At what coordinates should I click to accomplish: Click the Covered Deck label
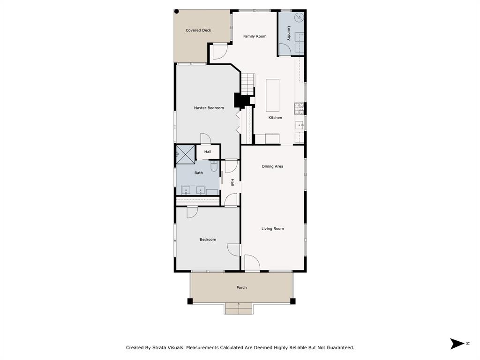198,30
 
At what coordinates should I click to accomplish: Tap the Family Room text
255,36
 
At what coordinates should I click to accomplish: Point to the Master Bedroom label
209,108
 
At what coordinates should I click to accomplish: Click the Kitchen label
275,118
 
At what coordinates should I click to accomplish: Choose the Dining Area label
272,166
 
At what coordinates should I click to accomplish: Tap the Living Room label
272,229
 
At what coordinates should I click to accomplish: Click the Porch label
241,287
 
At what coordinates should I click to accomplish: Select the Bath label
199,173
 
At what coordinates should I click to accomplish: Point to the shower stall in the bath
185,154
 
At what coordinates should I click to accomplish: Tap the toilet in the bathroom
214,166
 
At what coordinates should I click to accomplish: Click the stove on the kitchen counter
299,109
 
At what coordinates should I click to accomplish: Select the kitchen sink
299,125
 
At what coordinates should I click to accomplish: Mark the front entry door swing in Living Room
251,263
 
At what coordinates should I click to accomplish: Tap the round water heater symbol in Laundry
299,18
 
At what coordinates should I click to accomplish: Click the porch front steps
239,308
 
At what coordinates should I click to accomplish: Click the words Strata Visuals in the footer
170,348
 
